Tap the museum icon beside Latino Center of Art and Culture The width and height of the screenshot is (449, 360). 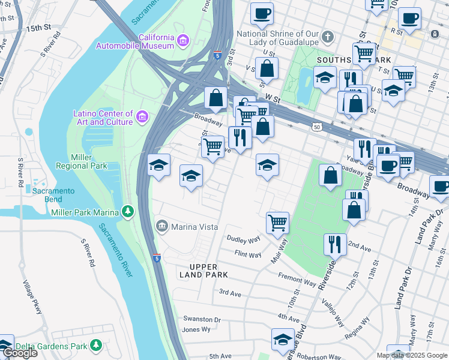pos(142,117)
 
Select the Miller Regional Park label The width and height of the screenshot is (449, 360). pos(80,161)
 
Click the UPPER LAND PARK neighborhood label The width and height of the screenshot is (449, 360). pos(203,270)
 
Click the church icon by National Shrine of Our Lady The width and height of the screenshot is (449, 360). pos(327,37)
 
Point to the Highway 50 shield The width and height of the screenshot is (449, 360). pos(316,127)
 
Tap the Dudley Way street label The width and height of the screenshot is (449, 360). pos(243,239)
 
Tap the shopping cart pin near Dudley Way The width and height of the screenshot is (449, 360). pos(277,223)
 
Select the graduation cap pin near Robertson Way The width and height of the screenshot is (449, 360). pos(283,340)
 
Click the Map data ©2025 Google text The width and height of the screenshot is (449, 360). pos(412,355)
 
